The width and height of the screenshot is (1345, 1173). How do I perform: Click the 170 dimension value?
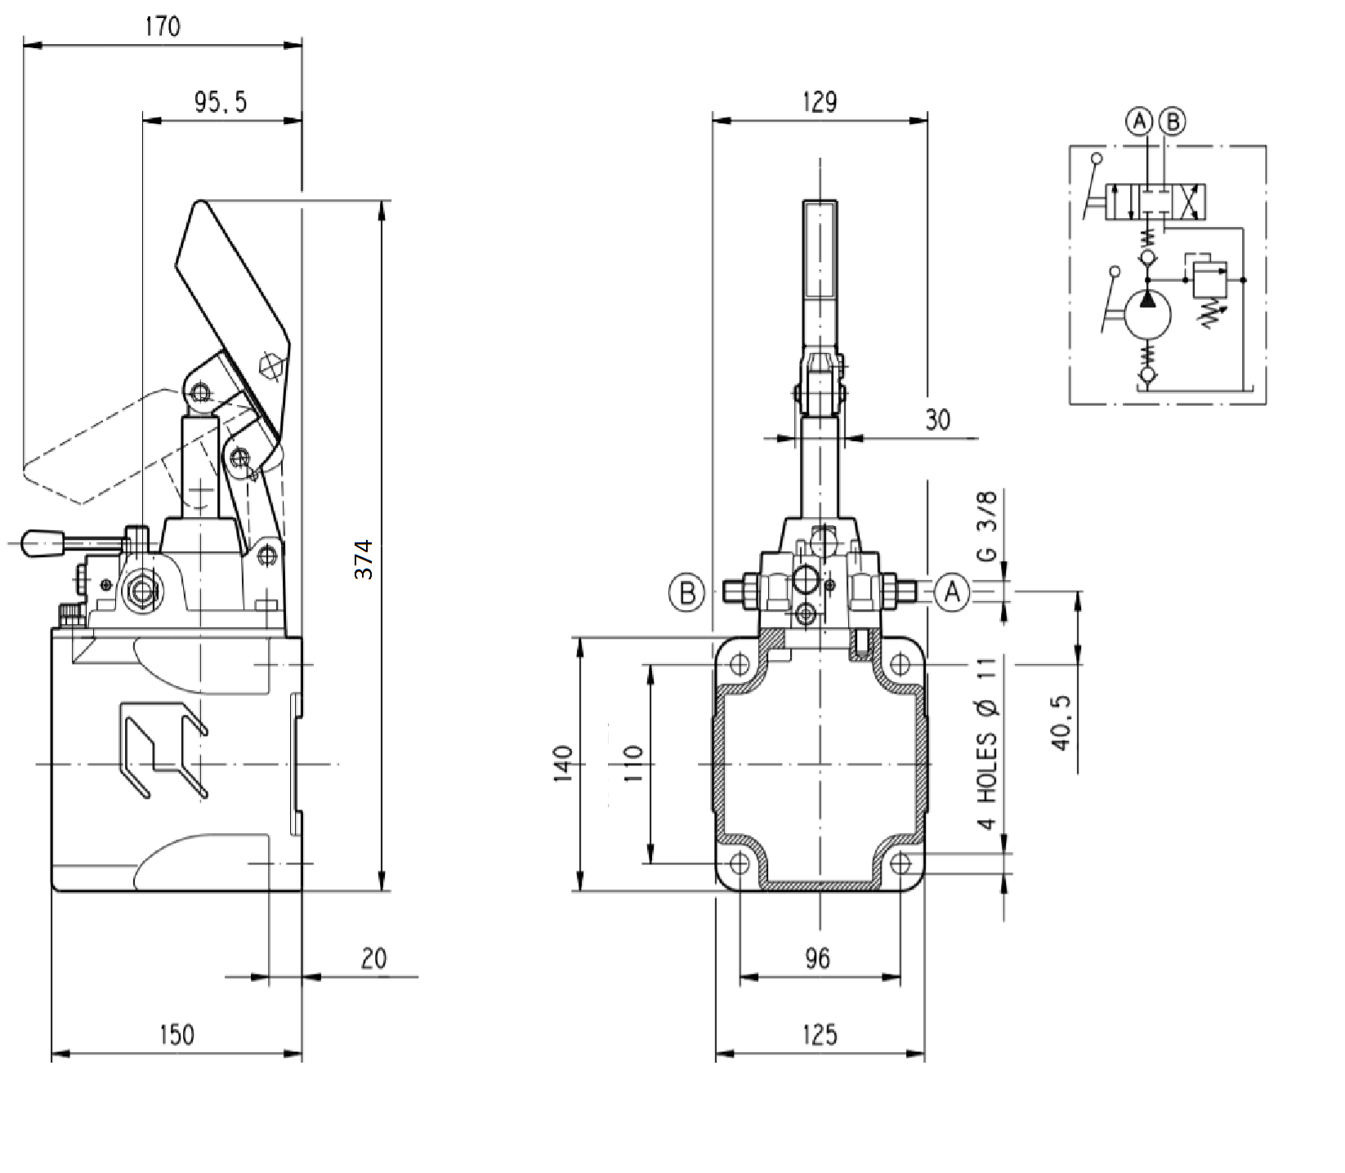pyautogui.click(x=162, y=27)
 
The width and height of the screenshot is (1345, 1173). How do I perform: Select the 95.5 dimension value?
pyautogui.click(x=220, y=102)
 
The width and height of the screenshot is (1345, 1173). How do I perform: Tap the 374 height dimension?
pyautogui.click(x=364, y=560)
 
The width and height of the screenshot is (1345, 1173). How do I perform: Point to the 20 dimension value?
pyautogui.click(x=373, y=958)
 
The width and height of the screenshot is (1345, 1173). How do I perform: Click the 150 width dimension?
pyautogui.click(x=177, y=1035)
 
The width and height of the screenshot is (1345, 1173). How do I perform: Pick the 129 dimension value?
pyautogui.click(x=820, y=102)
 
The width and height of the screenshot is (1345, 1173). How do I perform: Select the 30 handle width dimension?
pyautogui.click(x=938, y=420)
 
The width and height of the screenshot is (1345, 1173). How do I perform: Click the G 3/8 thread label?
pyautogui.click(x=987, y=526)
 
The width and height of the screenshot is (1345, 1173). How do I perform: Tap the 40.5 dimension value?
pyautogui.click(x=1061, y=723)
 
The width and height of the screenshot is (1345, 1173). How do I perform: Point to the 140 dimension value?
pyautogui.click(x=564, y=764)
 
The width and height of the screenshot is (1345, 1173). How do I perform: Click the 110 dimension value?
pyautogui.click(x=634, y=764)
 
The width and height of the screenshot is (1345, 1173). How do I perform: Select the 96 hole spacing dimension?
pyautogui.click(x=817, y=958)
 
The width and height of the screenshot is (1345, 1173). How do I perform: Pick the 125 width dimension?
pyautogui.click(x=820, y=1035)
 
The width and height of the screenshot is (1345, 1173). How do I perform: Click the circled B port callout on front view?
pyautogui.click(x=687, y=592)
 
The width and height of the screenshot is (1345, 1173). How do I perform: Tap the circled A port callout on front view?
pyautogui.click(x=952, y=591)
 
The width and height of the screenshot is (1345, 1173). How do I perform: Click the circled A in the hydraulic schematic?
pyautogui.click(x=1138, y=122)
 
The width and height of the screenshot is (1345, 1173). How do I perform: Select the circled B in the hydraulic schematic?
pyautogui.click(x=1173, y=122)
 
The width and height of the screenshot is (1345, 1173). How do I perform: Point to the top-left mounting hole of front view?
pyautogui.click(x=740, y=663)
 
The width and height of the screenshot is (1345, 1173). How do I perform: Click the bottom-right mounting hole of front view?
pyautogui.click(x=900, y=863)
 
